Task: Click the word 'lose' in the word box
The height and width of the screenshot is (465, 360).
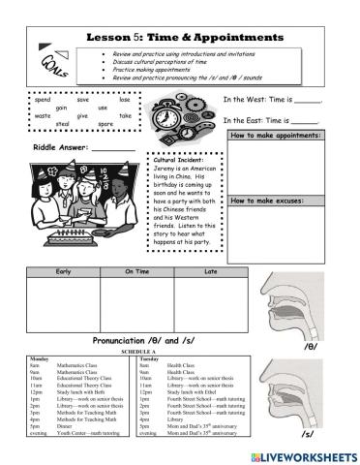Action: tap(125, 100)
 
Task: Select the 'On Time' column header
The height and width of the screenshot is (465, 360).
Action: tap(136, 273)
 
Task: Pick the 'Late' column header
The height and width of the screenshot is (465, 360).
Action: tap(210, 273)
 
